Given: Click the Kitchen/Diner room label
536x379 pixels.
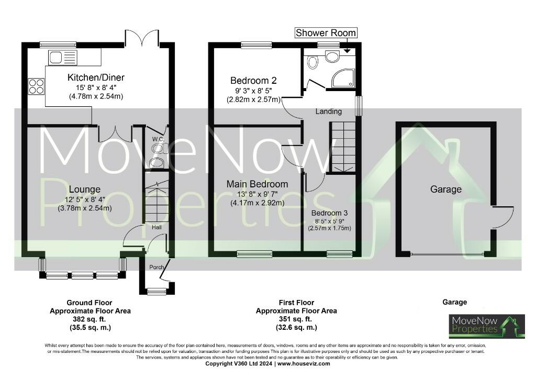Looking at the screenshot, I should click(96, 78).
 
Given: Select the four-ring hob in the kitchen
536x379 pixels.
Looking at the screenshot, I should click(36, 86).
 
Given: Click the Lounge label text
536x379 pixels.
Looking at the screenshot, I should click(84, 189).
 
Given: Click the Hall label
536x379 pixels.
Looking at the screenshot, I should click(157, 228).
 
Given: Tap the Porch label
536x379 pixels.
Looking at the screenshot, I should click(157, 267).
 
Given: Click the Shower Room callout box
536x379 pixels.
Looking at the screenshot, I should click(326, 33).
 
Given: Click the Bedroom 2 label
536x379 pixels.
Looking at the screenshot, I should click(253, 81).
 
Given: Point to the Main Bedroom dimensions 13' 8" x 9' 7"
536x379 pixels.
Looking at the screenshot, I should click(257, 194).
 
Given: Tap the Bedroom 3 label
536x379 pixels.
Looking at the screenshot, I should click(329, 214).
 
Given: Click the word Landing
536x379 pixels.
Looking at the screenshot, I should click(329, 112).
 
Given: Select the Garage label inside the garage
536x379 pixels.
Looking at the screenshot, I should click(446, 189).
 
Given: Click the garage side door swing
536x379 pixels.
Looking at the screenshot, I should click(501, 217).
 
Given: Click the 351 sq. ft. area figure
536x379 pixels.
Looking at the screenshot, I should click(296, 319).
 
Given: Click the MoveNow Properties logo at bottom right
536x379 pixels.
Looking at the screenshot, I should click(486, 326).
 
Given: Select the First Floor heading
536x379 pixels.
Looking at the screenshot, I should click(296, 303).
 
